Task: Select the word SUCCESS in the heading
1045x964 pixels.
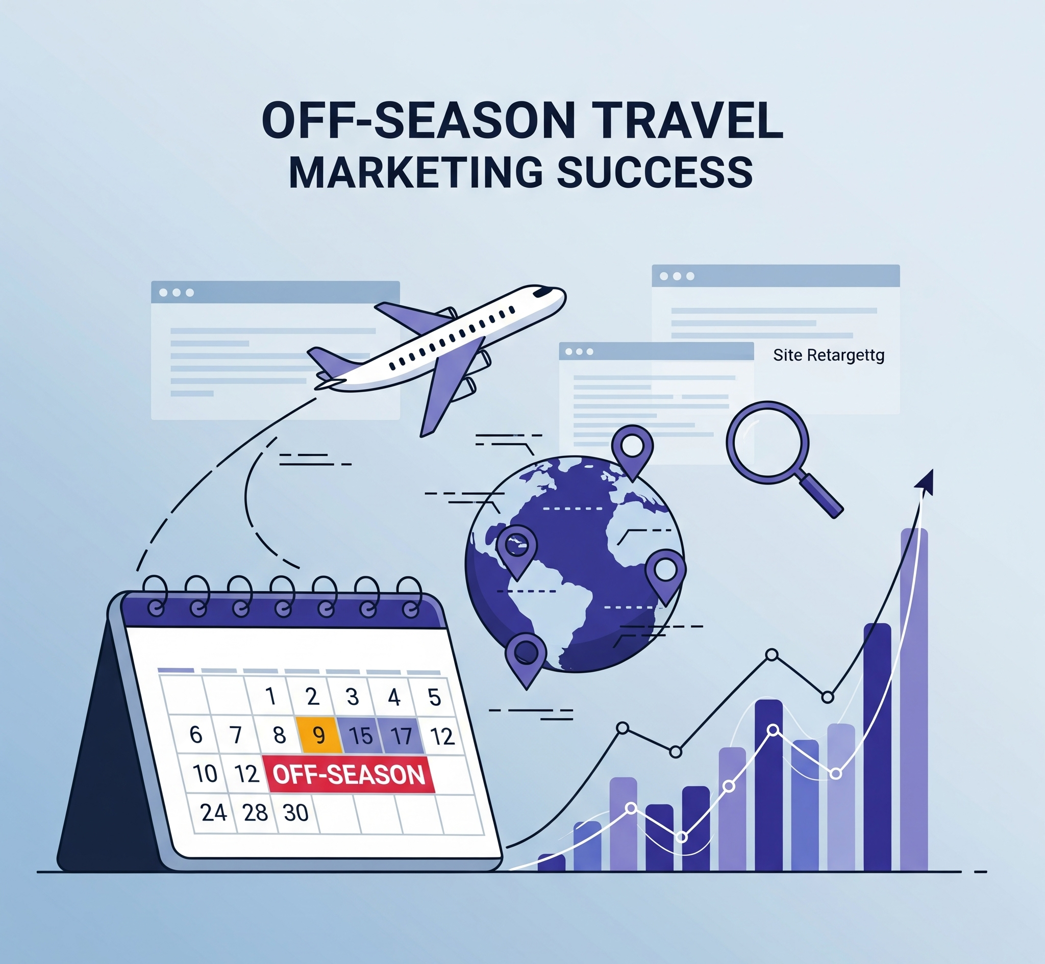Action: click(655, 172)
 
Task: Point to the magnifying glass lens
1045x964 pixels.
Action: click(767, 442)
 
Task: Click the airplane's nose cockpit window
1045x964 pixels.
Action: click(543, 291)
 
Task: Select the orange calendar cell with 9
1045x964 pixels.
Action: click(319, 735)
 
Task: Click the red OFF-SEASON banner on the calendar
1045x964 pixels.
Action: click(350, 775)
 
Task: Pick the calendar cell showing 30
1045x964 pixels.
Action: click(295, 813)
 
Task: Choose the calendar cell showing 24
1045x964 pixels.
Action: click(213, 813)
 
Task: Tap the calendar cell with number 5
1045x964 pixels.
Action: click(434, 697)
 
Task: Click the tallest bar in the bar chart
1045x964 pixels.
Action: click(914, 699)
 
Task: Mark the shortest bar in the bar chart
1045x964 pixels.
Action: click(552, 862)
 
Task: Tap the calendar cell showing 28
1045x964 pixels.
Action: click(255, 813)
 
